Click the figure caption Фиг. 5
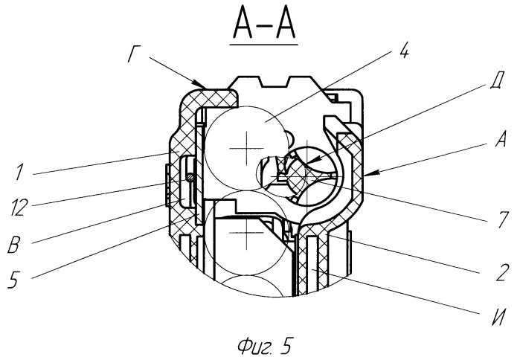[x=265, y=346]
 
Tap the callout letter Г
[x=133, y=56]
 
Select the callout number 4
[x=404, y=51]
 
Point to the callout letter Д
[x=497, y=80]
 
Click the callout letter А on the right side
[x=501, y=139]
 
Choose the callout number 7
[x=502, y=219]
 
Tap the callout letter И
[x=498, y=318]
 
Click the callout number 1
[x=20, y=173]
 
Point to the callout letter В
[x=14, y=245]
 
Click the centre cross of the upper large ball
[x=246, y=148]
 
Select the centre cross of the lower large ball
[x=246, y=233]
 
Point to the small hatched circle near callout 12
[x=190, y=178]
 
